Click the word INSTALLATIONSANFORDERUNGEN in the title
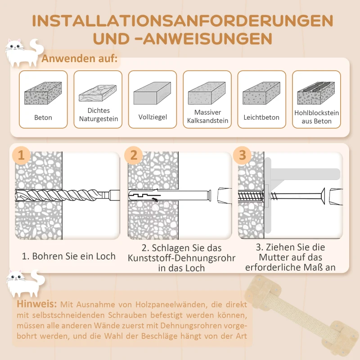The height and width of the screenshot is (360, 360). [182, 21]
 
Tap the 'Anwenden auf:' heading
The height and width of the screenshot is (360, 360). [80, 58]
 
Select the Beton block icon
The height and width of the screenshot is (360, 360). [43, 94]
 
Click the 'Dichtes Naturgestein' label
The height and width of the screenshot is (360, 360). [99, 115]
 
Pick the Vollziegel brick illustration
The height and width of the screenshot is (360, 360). [153, 94]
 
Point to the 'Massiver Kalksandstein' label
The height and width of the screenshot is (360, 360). [207, 117]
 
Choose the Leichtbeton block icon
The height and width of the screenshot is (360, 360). [261, 94]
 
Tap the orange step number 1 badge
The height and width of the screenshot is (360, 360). [22, 155]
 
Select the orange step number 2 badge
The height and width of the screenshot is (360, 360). [134, 155]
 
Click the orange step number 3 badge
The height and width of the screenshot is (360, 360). [243, 155]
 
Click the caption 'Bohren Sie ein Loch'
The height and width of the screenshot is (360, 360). [69, 256]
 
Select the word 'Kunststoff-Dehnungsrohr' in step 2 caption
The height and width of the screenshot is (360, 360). [181, 258]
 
